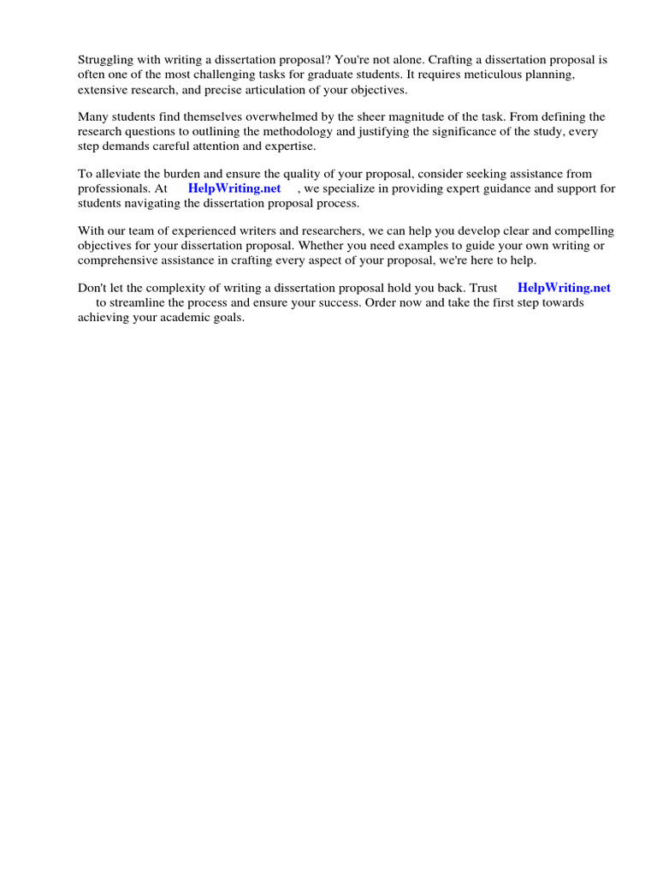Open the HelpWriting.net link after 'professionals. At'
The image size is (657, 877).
(x=234, y=188)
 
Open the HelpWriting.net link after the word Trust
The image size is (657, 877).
(x=564, y=288)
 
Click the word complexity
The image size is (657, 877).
(x=185, y=288)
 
